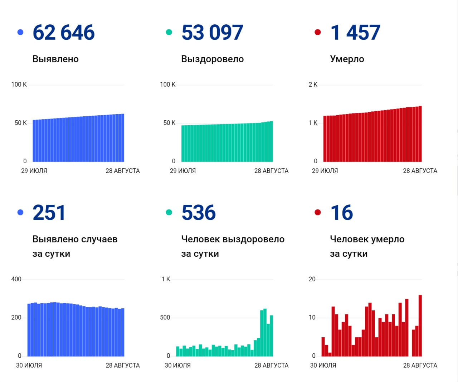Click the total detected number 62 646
point(63,33)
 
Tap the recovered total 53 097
point(212,33)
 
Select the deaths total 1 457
point(355,33)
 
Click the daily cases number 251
point(49,213)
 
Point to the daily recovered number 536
point(199,213)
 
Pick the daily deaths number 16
point(342,213)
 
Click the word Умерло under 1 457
point(347,59)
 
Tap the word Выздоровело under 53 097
point(212,59)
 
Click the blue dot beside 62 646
point(20,32)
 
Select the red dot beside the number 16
point(317,212)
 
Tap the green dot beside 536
point(169,212)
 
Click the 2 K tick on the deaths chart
point(313,84)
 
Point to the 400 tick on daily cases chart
point(16,279)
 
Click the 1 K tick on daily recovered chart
point(166,279)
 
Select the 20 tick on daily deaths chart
point(312,279)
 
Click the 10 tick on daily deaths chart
point(312,318)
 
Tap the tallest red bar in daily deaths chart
point(420,326)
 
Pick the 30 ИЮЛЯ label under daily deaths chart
point(323,366)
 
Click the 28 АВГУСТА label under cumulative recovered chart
point(271,171)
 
